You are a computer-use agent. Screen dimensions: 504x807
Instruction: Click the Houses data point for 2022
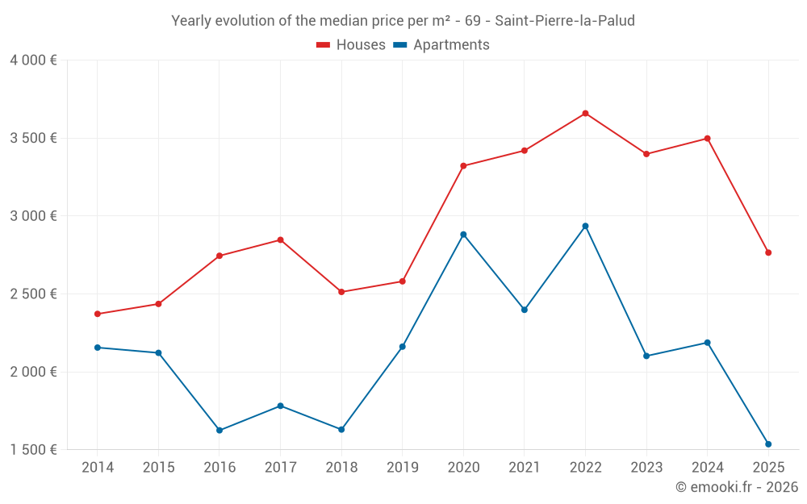[x=585, y=114]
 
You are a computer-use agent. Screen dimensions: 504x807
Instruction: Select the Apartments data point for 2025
[x=768, y=444]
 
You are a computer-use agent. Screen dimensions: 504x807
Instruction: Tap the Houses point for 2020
[x=463, y=166]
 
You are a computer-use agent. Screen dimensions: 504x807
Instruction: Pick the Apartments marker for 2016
[x=220, y=431]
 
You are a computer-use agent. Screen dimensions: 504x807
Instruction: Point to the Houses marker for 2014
[x=98, y=314]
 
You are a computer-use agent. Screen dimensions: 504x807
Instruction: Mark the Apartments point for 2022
[x=585, y=226]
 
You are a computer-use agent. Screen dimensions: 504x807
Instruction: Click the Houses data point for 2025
[x=768, y=253]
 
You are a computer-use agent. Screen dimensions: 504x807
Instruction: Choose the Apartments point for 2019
[x=402, y=347]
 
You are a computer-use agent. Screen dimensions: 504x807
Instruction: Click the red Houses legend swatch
[x=323, y=45]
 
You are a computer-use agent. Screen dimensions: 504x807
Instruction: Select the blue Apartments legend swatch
[x=399, y=45]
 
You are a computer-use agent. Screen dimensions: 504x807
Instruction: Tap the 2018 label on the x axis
[x=341, y=468]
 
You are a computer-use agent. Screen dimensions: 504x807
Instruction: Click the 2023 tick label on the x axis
[x=646, y=468]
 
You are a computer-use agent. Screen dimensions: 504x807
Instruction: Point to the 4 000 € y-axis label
[x=33, y=60]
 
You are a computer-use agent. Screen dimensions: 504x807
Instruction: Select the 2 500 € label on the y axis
[x=33, y=294]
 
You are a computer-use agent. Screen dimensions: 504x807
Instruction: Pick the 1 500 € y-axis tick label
[x=33, y=450]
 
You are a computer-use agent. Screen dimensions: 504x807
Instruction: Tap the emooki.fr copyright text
[x=737, y=487]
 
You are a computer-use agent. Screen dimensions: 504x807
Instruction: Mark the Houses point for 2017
[x=280, y=240]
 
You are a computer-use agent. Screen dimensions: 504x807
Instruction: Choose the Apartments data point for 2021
[x=525, y=310]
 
